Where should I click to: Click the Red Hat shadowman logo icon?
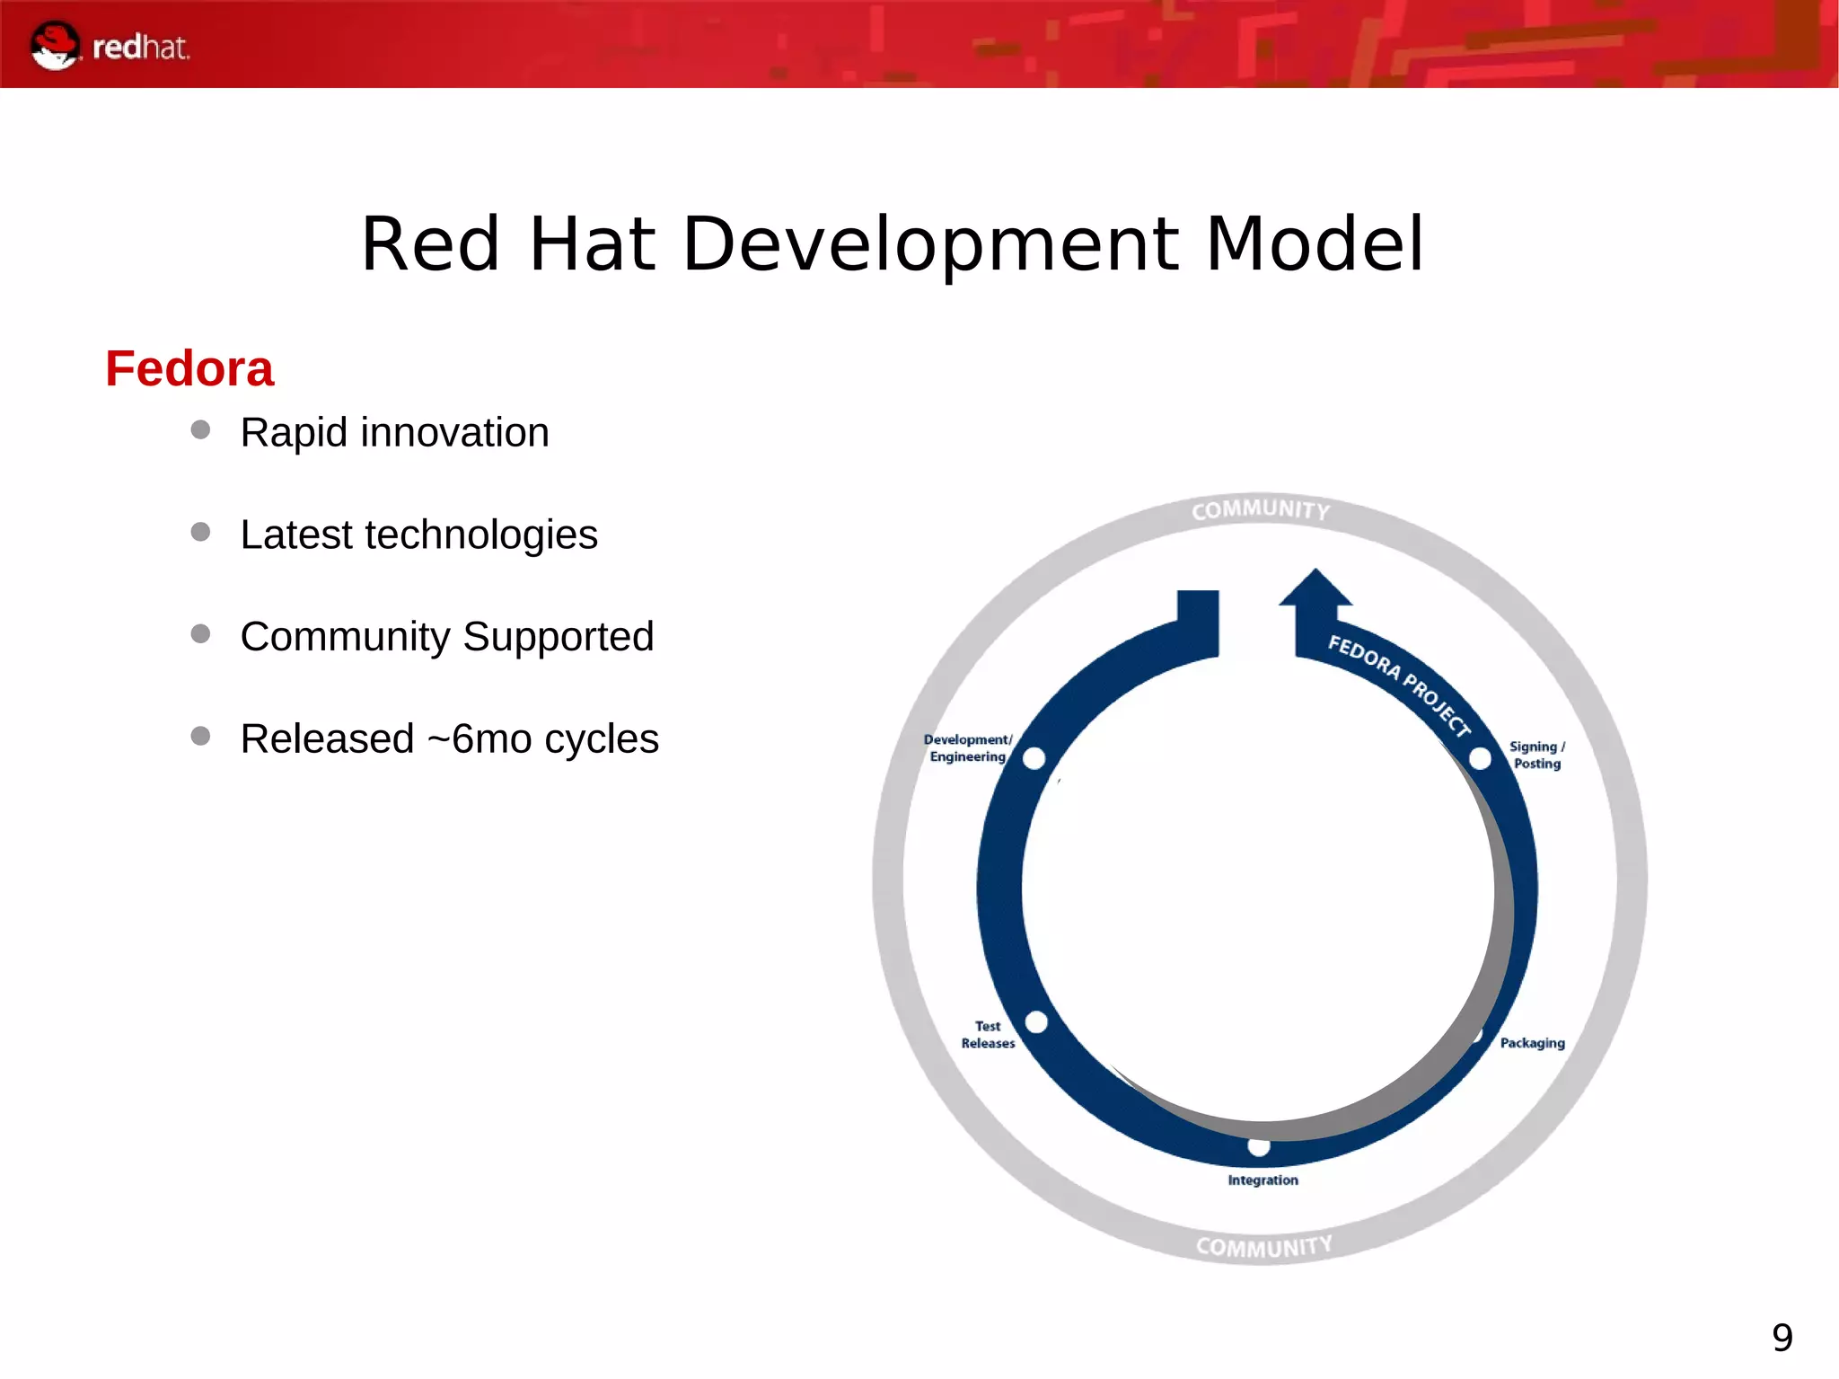(55, 46)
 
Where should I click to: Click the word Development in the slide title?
(930, 244)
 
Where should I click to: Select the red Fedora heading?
(189, 368)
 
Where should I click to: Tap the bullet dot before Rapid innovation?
(200, 430)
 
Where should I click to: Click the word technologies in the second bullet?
(481, 535)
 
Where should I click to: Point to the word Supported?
(558, 637)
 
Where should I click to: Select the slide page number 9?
(1782, 1338)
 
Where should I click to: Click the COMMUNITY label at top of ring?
(1261, 510)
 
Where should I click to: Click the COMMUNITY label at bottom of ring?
(1263, 1247)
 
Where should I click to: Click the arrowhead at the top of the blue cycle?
(1315, 589)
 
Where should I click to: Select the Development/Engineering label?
(967, 748)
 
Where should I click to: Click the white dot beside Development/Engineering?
(1034, 759)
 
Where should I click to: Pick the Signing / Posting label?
(1536, 755)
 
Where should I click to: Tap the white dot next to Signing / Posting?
(1480, 759)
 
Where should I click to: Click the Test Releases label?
(988, 1034)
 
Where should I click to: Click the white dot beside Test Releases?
(1036, 1022)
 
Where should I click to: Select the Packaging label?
(1532, 1043)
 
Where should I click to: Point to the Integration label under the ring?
(1263, 1180)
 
